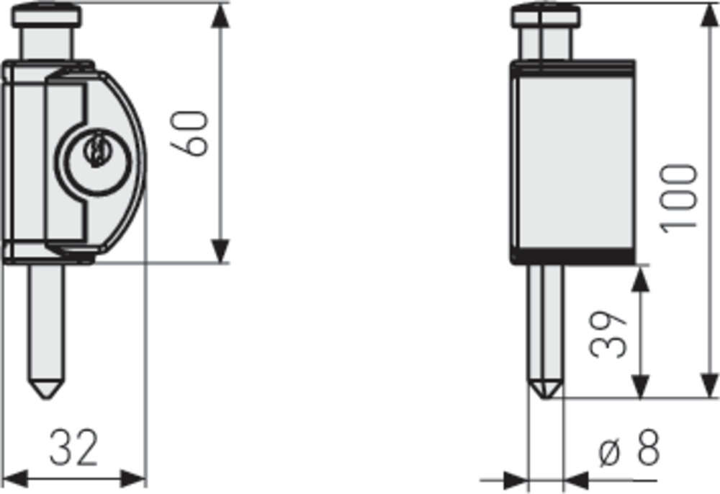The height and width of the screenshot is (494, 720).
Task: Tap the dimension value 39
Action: pos(608,335)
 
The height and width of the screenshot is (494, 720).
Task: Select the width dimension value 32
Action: pos(73,447)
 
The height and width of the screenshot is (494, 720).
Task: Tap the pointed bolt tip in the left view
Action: pos(46,389)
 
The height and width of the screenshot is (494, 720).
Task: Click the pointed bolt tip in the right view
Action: pos(545,389)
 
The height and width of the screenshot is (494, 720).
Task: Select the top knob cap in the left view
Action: pos(46,15)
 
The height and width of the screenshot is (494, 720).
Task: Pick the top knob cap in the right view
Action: pos(546,15)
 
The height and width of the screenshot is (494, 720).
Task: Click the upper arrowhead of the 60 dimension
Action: pos(220,16)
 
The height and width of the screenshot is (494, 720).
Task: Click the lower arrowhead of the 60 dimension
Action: pos(220,251)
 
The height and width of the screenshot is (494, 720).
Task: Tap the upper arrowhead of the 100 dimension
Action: pos(709,16)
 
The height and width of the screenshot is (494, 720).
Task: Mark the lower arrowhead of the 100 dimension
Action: pos(709,386)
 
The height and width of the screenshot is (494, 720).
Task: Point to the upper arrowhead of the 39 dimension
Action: pos(640,279)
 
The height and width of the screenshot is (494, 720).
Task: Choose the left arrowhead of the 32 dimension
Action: pos(15,479)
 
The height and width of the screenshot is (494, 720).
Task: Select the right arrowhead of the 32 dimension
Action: pos(133,479)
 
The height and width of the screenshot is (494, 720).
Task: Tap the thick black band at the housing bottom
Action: pos(573,256)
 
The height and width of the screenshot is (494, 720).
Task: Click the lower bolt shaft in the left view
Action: pos(46,322)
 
